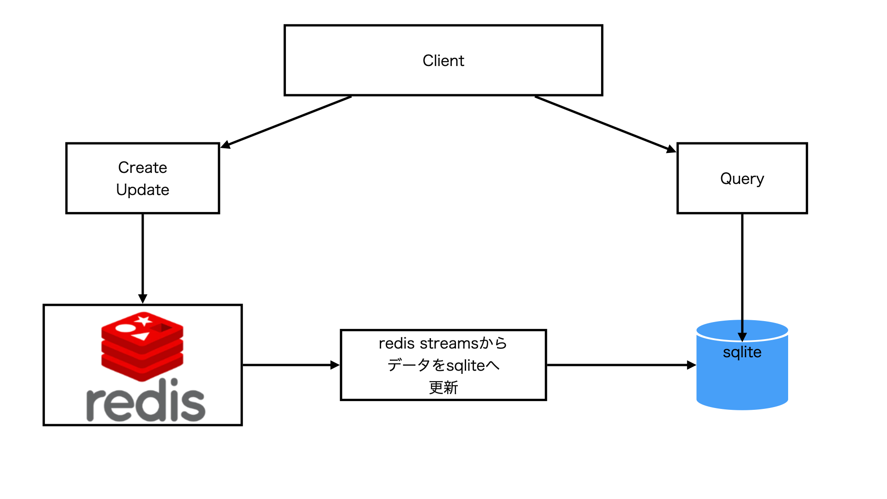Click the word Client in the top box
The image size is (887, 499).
point(443,61)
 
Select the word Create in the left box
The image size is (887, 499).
point(142,167)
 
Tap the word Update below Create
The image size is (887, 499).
point(142,190)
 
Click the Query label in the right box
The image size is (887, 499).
point(742,179)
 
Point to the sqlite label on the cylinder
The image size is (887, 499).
point(742,353)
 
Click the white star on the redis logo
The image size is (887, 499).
point(144,320)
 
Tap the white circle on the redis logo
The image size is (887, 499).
point(124,329)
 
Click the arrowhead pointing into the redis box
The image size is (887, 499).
point(143,298)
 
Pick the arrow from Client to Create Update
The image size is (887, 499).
point(286,122)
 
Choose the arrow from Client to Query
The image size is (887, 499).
point(605,124)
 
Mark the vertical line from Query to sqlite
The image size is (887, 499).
point(742,268)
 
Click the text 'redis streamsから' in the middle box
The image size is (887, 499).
point(443,343)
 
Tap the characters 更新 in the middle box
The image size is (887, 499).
point(443,387)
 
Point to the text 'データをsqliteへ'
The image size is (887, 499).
point(443,365)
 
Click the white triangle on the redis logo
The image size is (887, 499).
point(141,336)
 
